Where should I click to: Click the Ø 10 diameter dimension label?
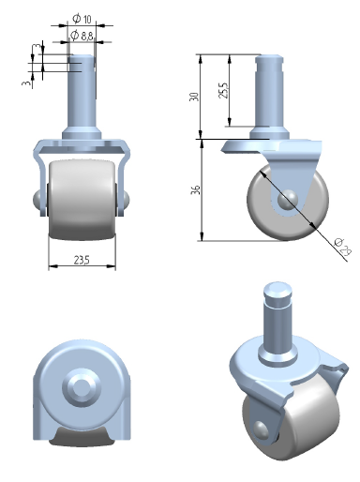coord(82,19)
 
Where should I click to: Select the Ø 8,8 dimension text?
coord(82,36)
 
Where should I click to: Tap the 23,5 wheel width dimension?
coord(82,260)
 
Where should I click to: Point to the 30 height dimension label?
coord(194,97)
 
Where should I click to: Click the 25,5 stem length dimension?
coord(223,90)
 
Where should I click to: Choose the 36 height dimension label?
coord(195,189)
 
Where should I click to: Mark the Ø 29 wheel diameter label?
coord(342,247)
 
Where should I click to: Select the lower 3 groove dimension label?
coord(27,83)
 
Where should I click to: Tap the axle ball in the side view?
coord(288,199)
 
